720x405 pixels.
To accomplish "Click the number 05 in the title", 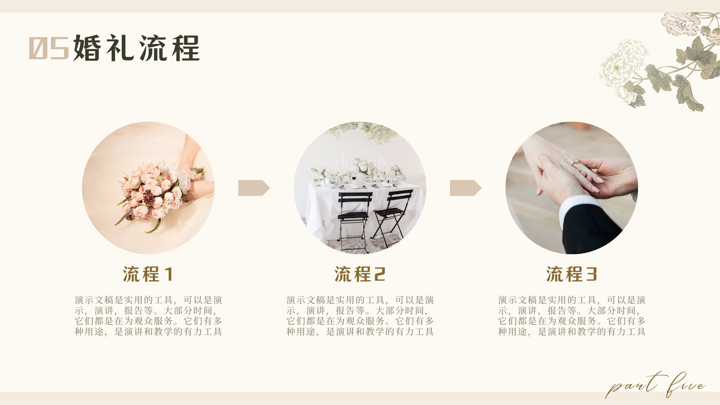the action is click(x=49, y=48).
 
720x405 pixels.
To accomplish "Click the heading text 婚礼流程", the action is click(x=136, y=48).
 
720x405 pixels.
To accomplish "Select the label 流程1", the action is click(x=148, y=274).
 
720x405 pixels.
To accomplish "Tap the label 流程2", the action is click(x=360, y=274).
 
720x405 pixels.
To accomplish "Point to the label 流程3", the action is click(x=571, y=274).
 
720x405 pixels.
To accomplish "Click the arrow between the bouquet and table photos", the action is click(x=254, y=188).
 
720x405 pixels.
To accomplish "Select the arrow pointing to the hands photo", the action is click(x=465, y=188).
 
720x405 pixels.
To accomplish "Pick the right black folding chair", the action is click(x=392, y=216).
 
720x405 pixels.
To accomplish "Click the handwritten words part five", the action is click(x=655, y=385).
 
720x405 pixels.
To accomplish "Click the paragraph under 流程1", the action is click(x=148, y=315).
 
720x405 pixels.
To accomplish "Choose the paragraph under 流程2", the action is click(x=360, y=315).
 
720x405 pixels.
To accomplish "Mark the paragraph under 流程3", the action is click(x=571, y=315).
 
